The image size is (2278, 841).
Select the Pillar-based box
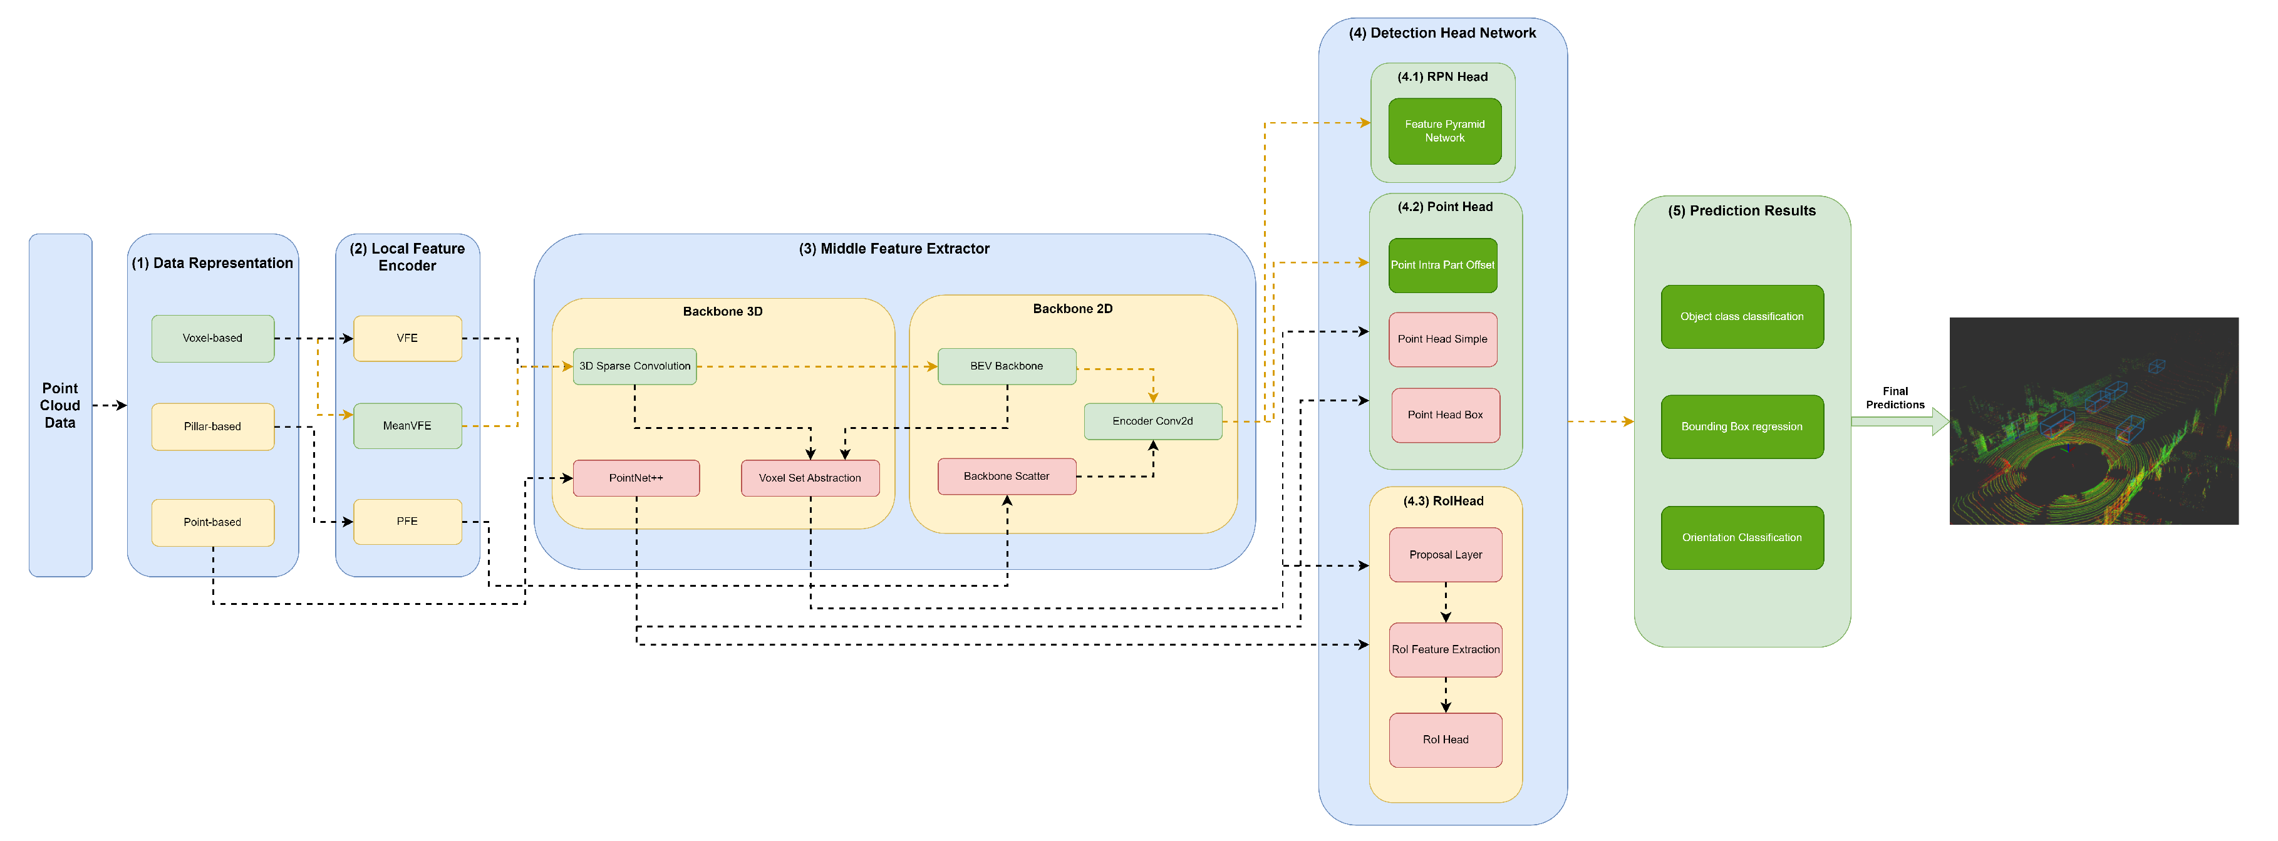point(212,427)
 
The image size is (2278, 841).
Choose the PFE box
point(406,522)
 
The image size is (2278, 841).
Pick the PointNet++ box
point(636,478)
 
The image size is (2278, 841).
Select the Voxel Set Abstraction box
point(809,478)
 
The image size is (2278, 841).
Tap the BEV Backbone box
point(1007,366)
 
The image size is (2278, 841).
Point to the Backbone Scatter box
point(1007,477)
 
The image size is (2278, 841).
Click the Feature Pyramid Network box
point(1444,132)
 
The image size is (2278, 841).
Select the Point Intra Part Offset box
point(1442,266)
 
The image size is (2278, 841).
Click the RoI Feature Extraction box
point(1445,650)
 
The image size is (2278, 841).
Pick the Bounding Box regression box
point(1741,427)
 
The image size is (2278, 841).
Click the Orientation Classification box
point(1741,538)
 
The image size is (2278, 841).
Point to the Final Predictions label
point(1894,398)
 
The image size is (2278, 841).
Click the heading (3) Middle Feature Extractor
point(893,249)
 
